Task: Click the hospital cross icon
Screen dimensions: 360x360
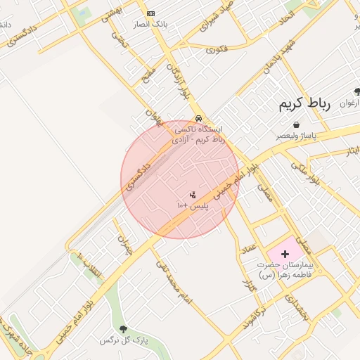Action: (285, 253)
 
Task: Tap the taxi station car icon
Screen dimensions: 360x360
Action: (200, 118)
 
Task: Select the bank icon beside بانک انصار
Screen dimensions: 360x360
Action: (150, 13)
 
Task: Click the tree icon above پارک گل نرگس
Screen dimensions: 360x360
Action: (124, 329)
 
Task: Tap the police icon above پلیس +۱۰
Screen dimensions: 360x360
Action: (193, 194)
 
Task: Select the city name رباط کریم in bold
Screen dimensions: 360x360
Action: (304, 105)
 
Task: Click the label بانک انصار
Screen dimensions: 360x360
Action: (150, 24)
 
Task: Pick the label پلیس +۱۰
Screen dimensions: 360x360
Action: (191, 205)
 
